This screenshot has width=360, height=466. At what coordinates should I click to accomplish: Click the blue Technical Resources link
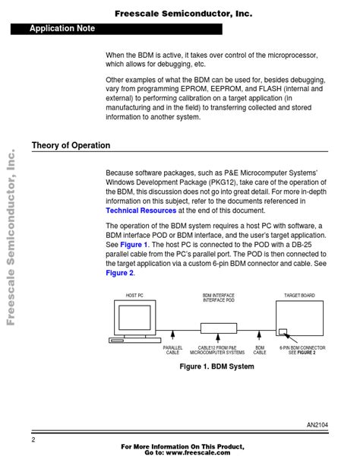[x=141, y=211]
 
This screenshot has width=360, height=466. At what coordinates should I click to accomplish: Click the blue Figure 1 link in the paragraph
[x=134, y=245]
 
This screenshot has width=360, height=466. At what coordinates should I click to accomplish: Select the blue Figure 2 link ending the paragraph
[x=120, y=273]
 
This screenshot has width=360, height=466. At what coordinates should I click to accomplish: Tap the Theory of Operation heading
[x=71, y=145]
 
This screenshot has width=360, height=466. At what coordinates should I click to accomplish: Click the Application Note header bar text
[x=62, y=29]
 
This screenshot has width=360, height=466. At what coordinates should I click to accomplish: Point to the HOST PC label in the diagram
[x=134, y=296]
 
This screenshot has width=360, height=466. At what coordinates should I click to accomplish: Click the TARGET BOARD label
[x=299, y=296]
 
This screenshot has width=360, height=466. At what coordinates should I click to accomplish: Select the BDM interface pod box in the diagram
[x=219, y=328]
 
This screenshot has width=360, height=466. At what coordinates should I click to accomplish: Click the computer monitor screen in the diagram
[x=134, y=318]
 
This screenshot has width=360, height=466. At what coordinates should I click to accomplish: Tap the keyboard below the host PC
[x=135, y=341]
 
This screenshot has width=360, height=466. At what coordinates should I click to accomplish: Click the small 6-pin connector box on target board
[x=283, y=331]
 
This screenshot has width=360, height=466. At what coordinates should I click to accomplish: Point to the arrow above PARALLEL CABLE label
[x=172, y=334]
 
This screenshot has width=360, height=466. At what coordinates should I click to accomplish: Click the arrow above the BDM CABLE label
[x=259, y=334]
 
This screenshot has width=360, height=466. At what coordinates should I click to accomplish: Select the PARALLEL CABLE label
[x=172, y=350]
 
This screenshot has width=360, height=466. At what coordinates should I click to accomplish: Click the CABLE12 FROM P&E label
[x=217, y=347]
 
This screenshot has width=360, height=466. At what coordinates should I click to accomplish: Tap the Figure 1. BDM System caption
[x=216, y=366]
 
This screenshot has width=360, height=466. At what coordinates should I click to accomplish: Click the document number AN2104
[x=317, y=425]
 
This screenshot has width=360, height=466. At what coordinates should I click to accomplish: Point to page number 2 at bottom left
[x=33, y=439]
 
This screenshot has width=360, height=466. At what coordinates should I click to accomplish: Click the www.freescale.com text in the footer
[x=197, y=452]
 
